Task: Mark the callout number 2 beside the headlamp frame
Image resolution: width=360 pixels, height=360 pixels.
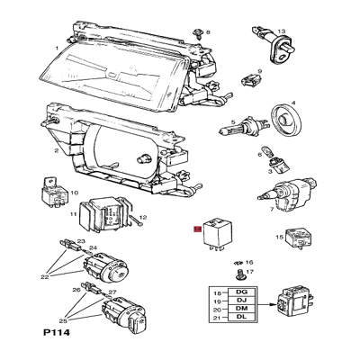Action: coord(56,151)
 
